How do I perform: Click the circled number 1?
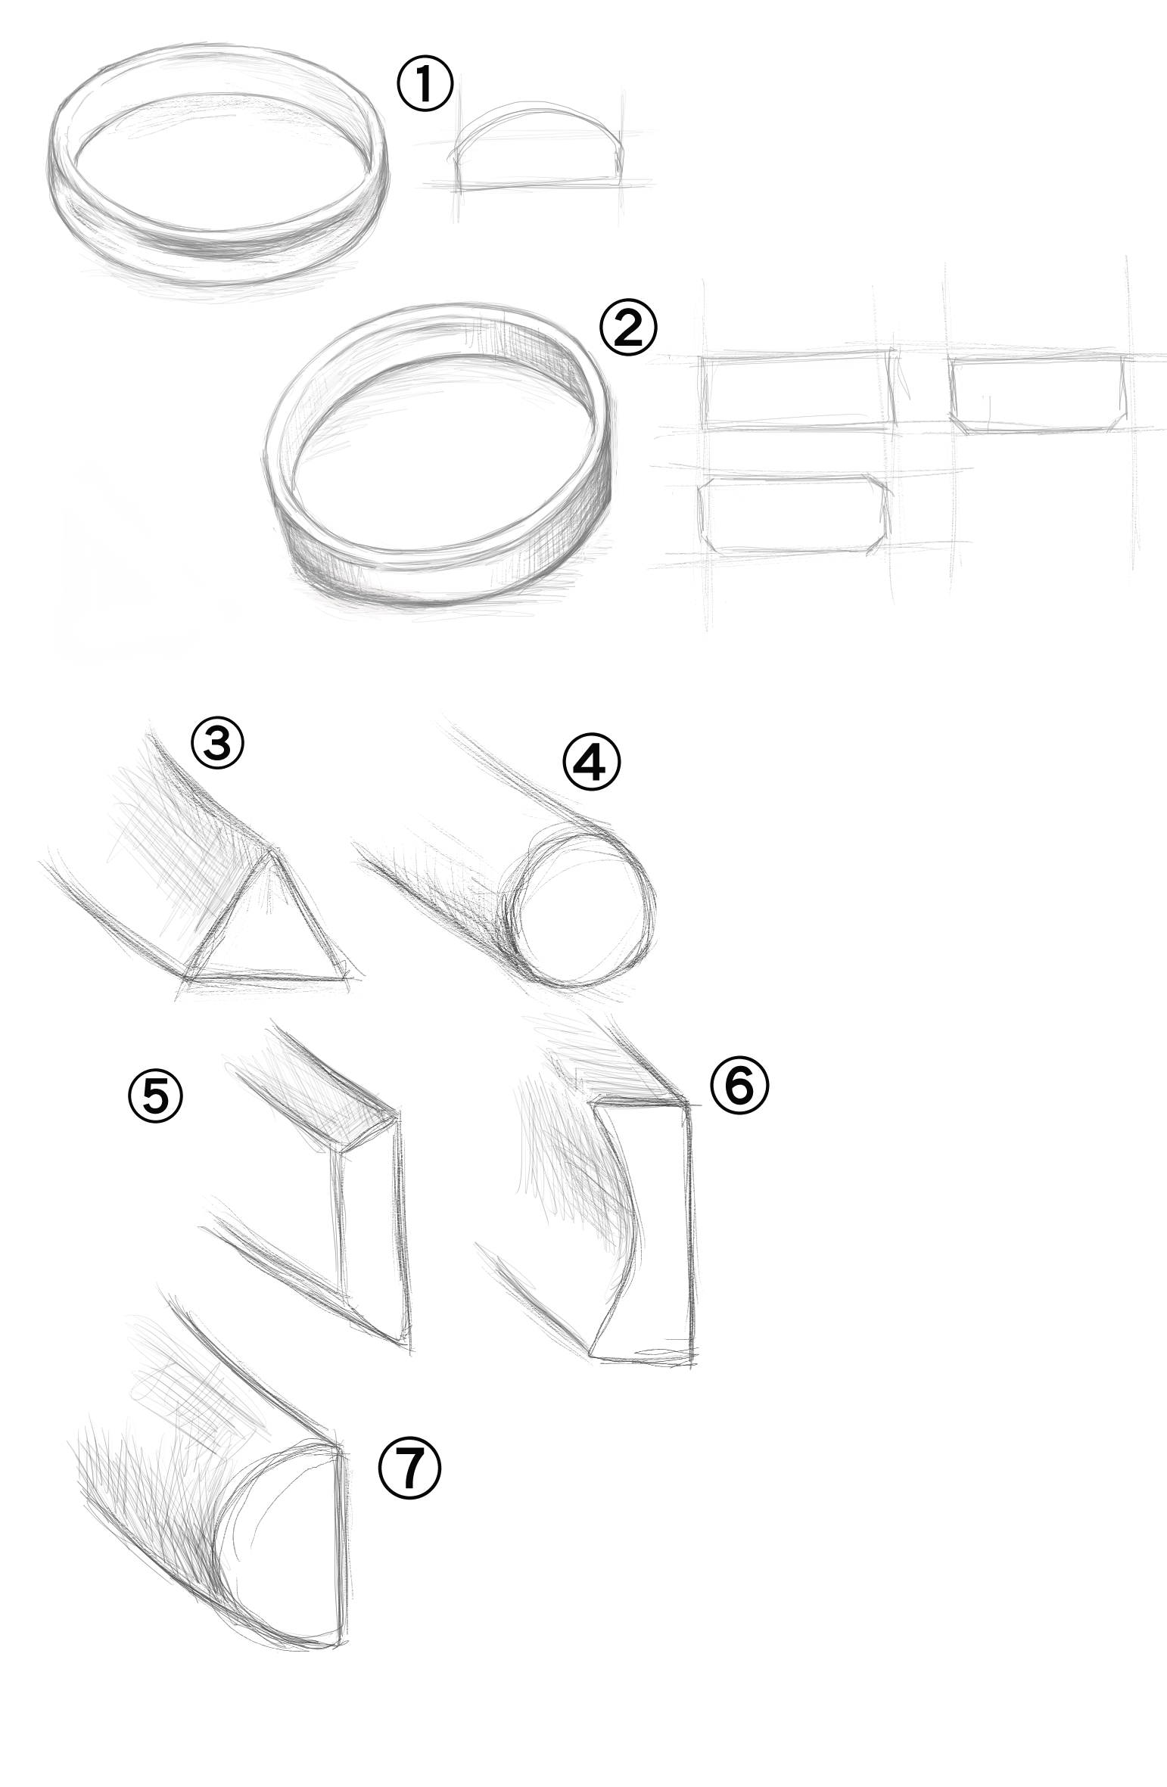point(425,85)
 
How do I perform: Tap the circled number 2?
point(628,328)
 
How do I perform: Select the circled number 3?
point(217,744)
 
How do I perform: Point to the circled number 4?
point(591,763)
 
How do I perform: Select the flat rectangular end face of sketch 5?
point(371,1226)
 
